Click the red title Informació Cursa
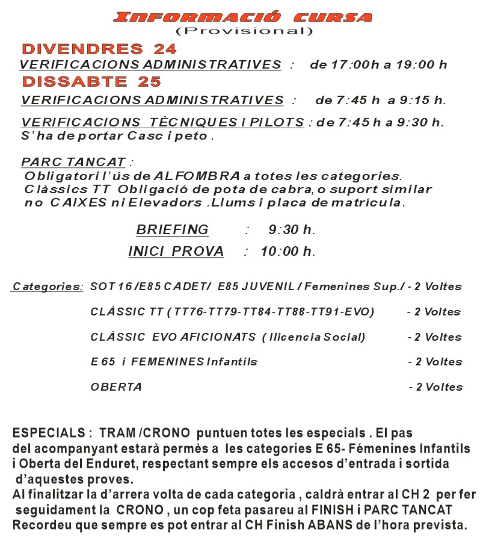click(242, 17)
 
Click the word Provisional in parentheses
click(244, 31)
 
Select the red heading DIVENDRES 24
click(99, 49)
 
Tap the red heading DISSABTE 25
click(92, 81)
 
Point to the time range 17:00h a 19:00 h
click(378, 65)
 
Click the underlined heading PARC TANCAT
click(73, 163)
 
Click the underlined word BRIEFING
click(172, 230)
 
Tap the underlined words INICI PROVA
click(176, 252)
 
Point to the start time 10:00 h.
click(288, 252)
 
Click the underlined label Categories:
click(48, 287)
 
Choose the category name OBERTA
click(116, 387)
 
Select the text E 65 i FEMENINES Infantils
click(174, 362)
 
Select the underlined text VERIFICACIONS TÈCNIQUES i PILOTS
click(162, 123)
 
